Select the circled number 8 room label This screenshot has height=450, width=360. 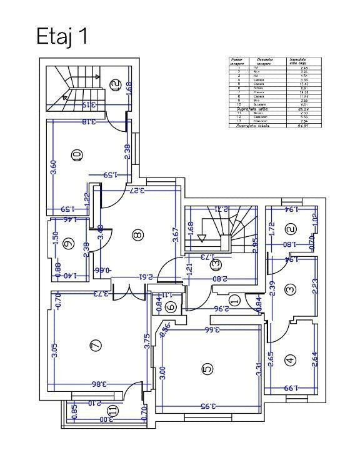click(x=137, y=235)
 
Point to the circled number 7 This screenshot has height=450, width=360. click(x=96, y=344)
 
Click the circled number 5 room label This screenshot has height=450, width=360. click(x=207, y=369)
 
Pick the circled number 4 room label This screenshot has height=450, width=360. click(x=290, y=360)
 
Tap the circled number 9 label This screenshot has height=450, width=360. click(x=68, y=244)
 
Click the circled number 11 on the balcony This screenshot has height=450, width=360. click(x=112, y=411)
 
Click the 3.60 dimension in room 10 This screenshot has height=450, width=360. click(x=54, y=167)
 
